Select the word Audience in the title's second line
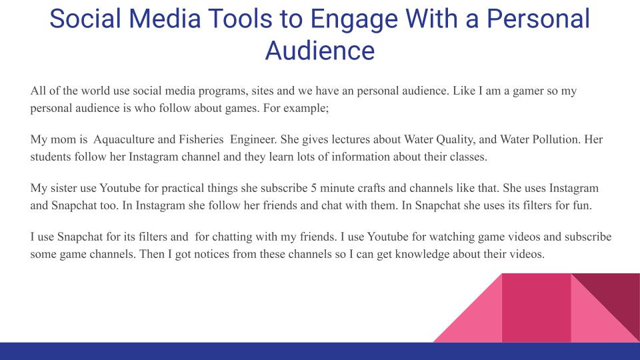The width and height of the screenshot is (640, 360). tap(320, 49)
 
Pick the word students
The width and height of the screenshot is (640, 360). tap(52, 157)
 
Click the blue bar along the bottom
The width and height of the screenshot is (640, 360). tap(320, 351)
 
